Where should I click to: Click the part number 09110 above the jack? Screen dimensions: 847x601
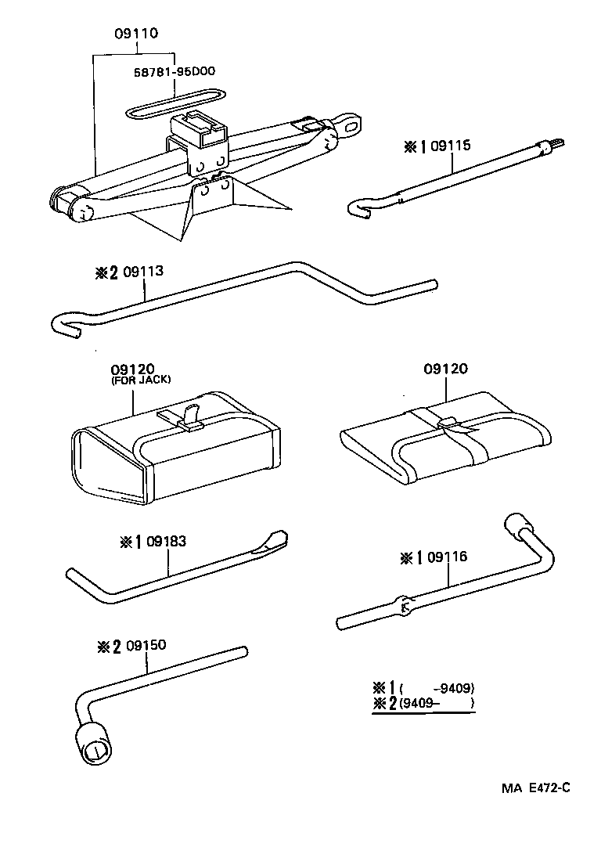tap(135, 34)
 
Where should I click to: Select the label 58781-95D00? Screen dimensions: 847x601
tap(176, 71)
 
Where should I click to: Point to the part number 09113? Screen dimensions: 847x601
tap(144, 272)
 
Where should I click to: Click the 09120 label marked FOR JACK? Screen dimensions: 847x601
tap(133, 369)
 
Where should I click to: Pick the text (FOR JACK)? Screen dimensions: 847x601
tap(142, 380)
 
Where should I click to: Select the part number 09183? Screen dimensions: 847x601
tap(166, 541)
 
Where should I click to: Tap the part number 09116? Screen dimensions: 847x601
tap(446, 557)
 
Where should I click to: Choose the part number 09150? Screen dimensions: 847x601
tap(146, 647)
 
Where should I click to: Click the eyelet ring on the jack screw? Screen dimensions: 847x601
tap(353, 123)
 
